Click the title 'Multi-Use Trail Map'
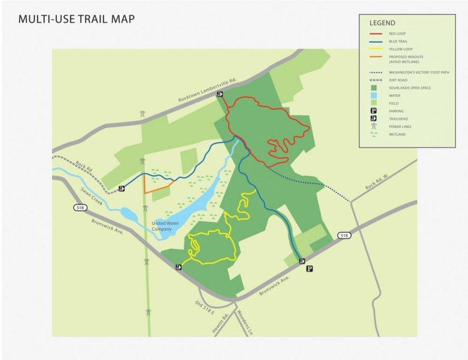77,19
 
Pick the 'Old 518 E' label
206,307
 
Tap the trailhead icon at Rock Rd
122,188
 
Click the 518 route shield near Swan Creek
80,207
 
